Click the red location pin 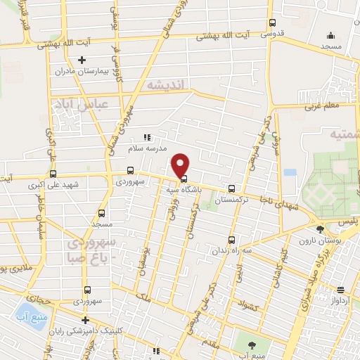[181, 165]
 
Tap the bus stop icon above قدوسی [273, 23]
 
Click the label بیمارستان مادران [82, 71]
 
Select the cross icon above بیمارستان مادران [82, 60]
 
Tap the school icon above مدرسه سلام [147, 137]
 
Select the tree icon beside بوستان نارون [320, 229]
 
